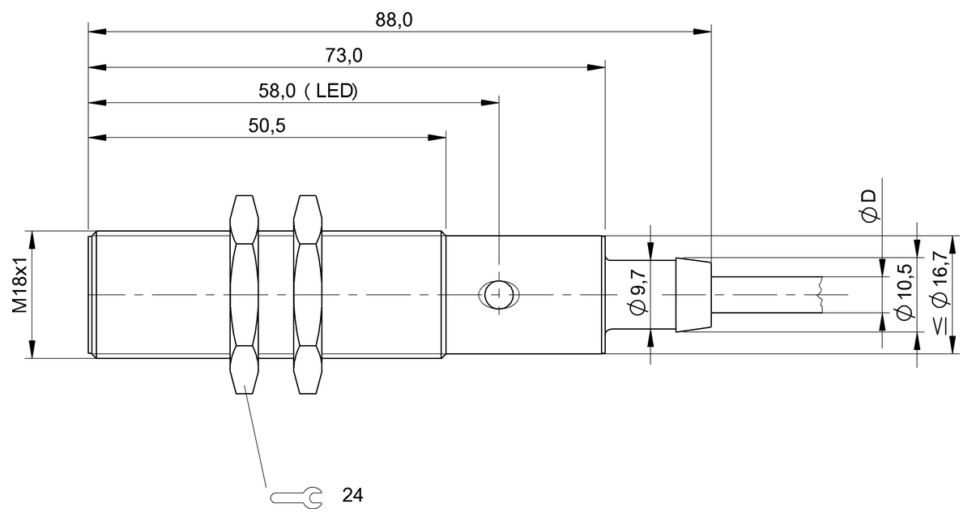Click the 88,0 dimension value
394,19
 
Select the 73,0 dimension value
343,55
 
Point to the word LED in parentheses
336,91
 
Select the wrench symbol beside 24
296,494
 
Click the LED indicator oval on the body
499,293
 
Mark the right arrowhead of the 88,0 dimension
702,32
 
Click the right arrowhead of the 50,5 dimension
437,137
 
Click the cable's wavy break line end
821,294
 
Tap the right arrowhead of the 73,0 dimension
597,67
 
